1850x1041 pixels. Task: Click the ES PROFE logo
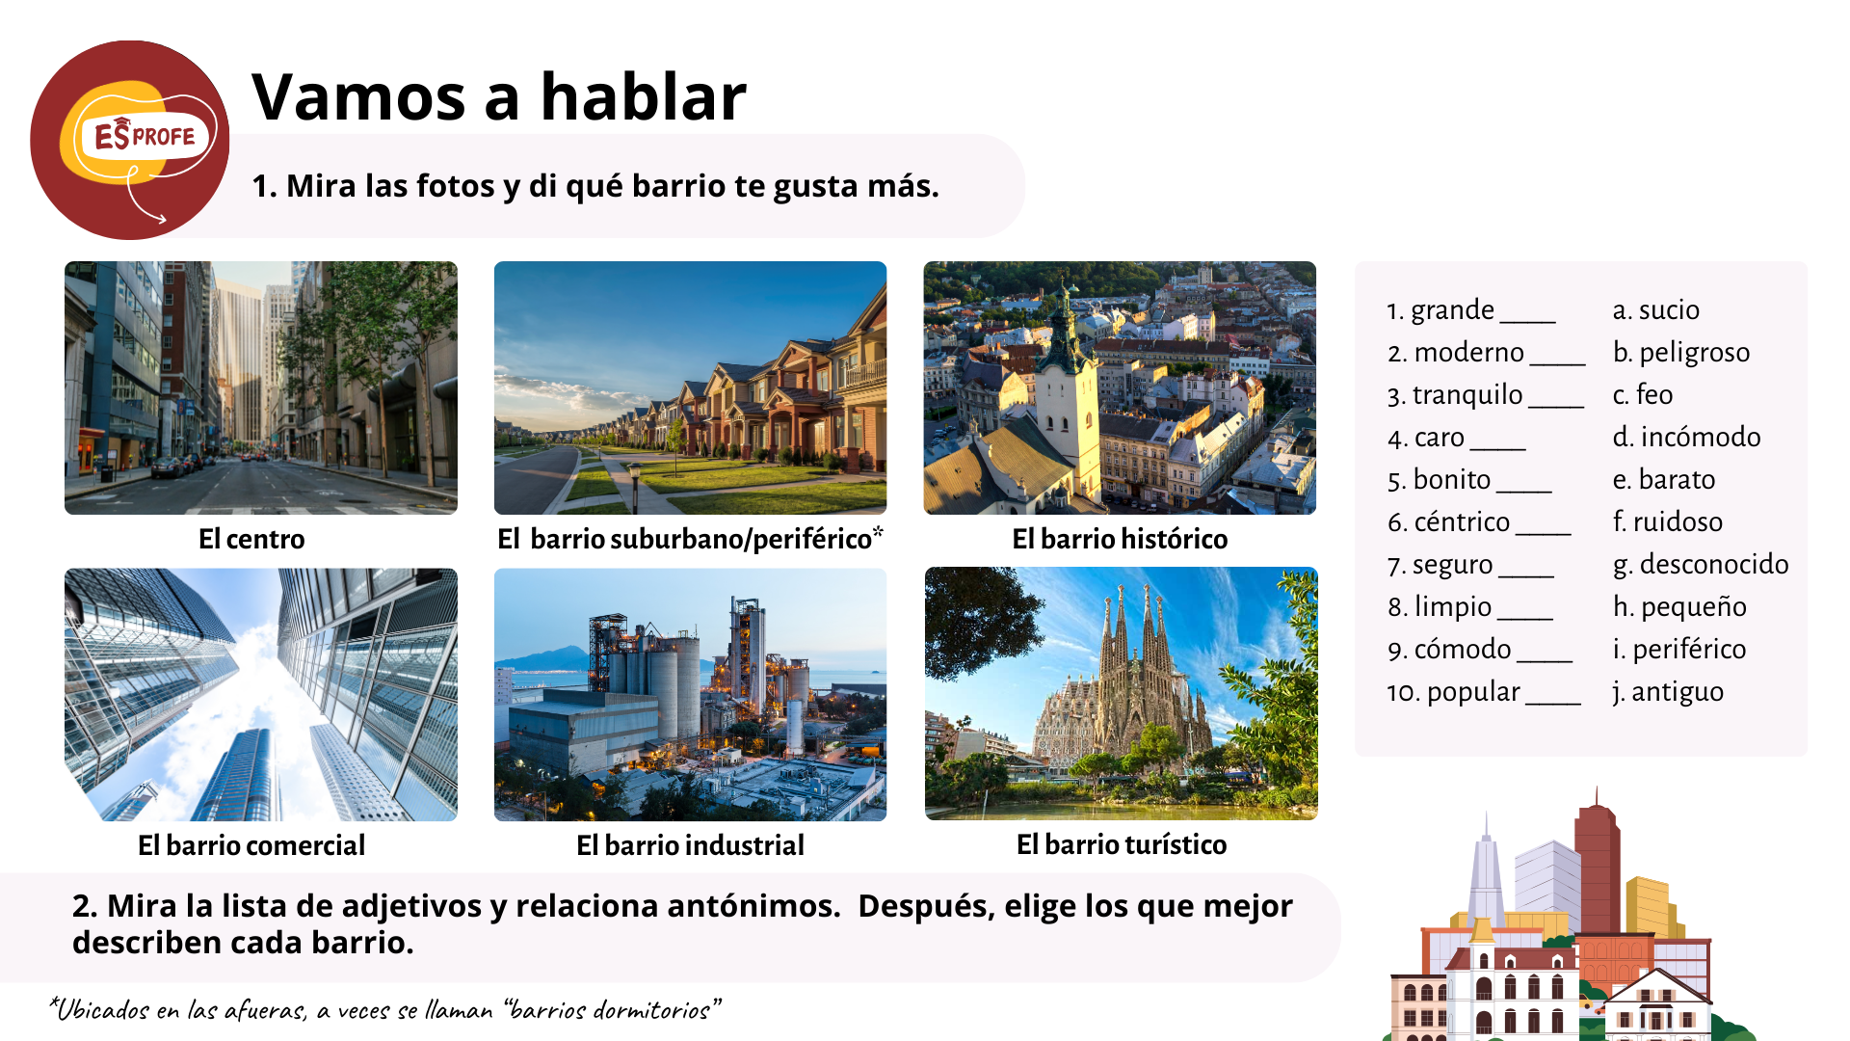pos(130,140)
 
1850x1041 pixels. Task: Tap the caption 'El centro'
pos(251,539)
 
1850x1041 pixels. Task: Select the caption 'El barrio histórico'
pos(1120,539)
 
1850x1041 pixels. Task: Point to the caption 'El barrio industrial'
pos(690,845)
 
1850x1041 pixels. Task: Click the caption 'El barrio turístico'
pos(1122,844)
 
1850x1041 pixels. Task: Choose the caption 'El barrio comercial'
pos(251,845)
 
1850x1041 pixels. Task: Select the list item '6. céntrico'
pos(1448,521)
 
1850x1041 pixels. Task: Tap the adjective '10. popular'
pos(1453,691)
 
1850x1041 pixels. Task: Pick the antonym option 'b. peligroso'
pos(1681,352)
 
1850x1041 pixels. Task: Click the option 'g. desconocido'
pos(1701,564)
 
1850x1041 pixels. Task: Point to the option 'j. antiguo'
pos(1668,691)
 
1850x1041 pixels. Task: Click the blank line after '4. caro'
pos(1498,449)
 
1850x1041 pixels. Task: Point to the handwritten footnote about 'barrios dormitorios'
pos(385,1009)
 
